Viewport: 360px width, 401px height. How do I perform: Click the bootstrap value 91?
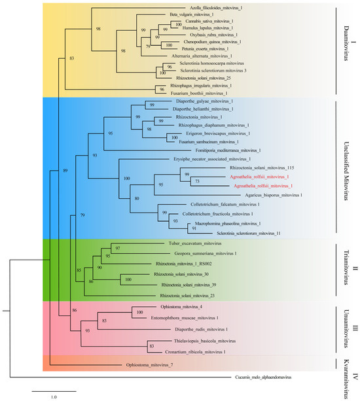point(194,228)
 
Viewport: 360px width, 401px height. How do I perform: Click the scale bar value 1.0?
point(53,396)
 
